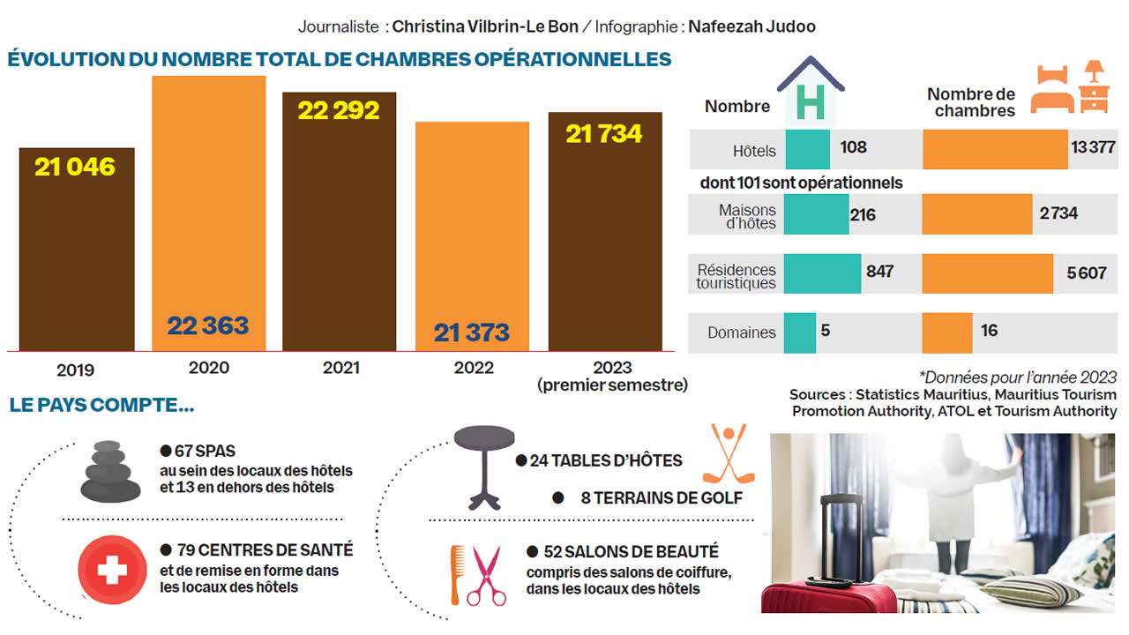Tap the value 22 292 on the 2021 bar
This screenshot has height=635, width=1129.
339,110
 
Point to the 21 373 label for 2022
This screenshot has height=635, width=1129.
472,332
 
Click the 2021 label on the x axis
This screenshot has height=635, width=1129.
340,368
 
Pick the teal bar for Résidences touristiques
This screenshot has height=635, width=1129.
822,273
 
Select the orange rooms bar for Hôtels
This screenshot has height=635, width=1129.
995,149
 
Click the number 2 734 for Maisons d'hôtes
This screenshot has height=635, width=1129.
1058,213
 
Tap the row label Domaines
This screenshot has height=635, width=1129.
741,333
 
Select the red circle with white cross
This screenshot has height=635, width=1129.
112,569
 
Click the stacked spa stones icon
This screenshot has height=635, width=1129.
110,471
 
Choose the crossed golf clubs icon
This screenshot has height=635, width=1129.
729,455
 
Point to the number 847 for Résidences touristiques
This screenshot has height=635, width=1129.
879,272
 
